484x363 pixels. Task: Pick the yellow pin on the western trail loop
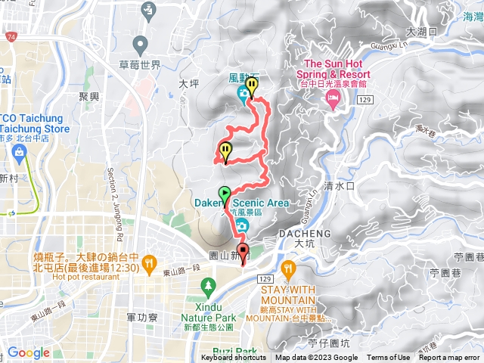(225, 151)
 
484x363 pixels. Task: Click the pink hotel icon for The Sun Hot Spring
(331, 102)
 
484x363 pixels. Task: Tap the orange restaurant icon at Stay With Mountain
(288, 268)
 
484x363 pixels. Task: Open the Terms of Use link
(389, 358)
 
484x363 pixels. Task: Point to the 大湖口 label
(421, 32)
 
